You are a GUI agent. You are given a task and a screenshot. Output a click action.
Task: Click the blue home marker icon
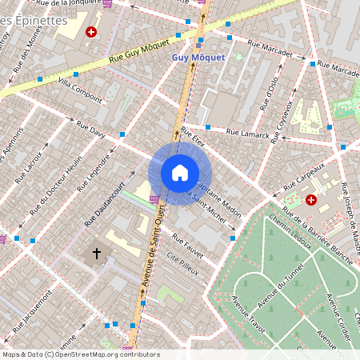[180, 173]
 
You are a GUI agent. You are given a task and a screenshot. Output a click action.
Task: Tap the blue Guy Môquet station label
[198, 58]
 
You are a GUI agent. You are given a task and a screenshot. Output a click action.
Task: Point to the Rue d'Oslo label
[270, 93]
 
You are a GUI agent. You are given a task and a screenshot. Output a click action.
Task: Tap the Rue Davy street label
[91, 129]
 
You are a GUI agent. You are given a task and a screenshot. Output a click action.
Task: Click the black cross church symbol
[97, 253]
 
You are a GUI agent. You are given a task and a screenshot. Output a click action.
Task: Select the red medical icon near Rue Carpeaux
[310, 200]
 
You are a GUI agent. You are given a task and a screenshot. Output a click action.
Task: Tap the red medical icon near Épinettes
[91, 33]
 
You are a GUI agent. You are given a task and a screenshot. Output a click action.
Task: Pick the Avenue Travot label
[246, 312]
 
